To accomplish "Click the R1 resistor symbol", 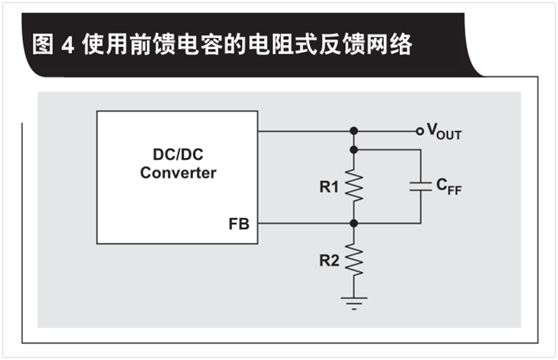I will click(x=354, y=185).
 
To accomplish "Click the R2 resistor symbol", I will click(x=354, y=260).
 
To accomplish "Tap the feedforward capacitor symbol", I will click(x=420, y=186).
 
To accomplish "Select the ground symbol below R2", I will click(x=354, y=301).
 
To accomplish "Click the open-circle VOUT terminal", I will click(x=419, y=131).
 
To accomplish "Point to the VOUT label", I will click(x=443, y=133).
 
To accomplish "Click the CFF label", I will click(x=448, y=186).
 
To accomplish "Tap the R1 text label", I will click(x=330, y=187).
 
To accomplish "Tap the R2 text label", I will click(x=330, y=261).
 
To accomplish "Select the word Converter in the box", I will click(x=178, y=173).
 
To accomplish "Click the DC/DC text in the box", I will click(x=178, y=155).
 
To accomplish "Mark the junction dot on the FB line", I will click(x=354, y=224).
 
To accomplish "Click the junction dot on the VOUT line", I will click(x=354, y=131).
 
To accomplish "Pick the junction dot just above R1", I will click(x=354, y=150).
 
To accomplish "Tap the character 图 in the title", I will click(x=43, y=45).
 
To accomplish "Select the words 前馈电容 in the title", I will click(x=181, y=45).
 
